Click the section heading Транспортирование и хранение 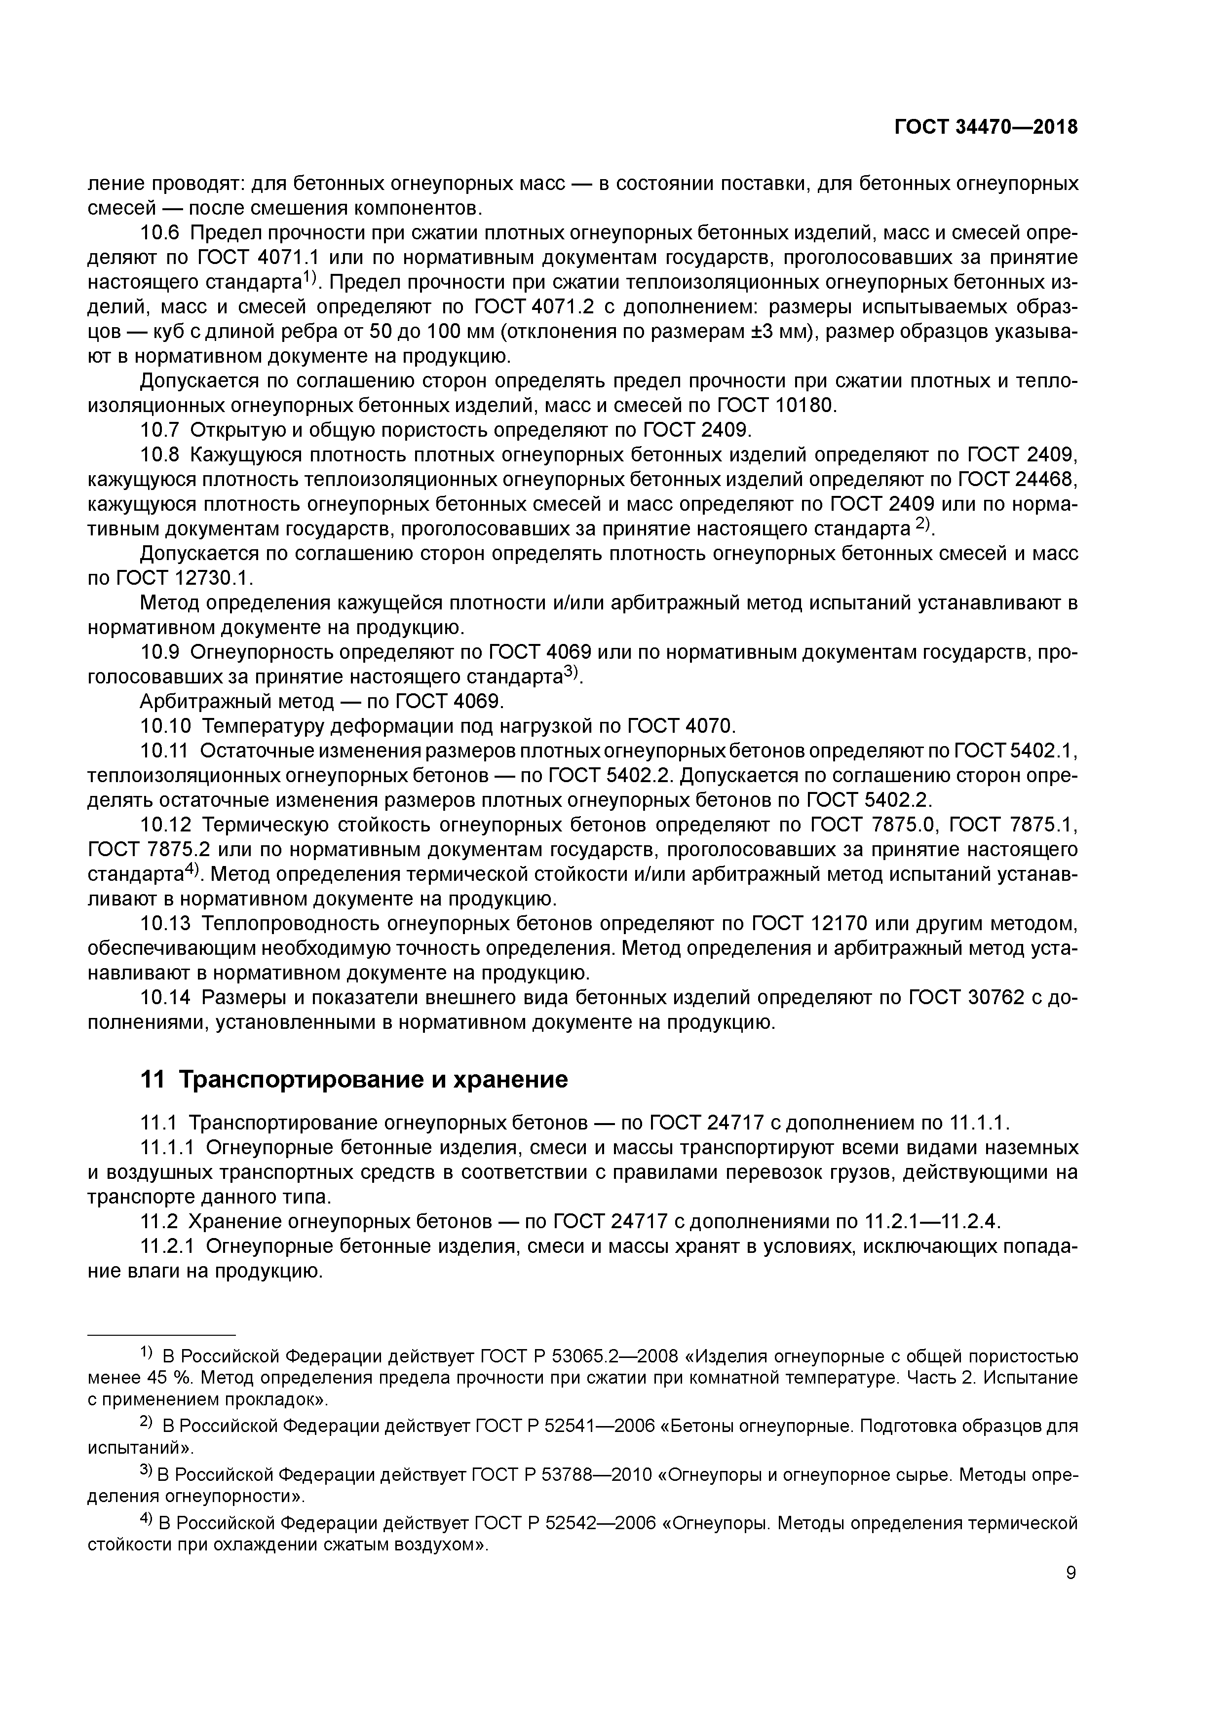coord(354,1080)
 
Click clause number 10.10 coord(165,726)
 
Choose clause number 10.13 coord(165,924)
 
